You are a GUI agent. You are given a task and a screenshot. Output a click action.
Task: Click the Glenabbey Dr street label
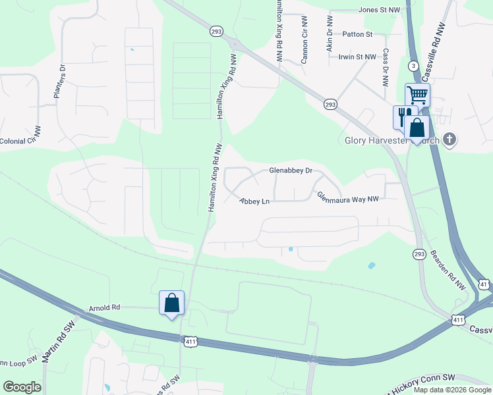click(x=291, y=170)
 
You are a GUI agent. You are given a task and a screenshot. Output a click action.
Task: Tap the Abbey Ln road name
click(x=254, y=201)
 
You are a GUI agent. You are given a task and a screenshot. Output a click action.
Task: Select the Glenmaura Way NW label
click(x=348, y=197)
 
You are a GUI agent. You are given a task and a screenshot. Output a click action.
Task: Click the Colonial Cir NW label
click(x=20, y=141)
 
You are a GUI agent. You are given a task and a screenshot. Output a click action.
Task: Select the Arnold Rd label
click(x=105, y=307)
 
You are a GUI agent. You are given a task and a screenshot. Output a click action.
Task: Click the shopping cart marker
click(x=417, y=95)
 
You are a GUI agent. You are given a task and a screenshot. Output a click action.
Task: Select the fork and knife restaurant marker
click(x=402, y=116)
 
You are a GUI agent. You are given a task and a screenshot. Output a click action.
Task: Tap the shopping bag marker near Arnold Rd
click(x=172, y=303)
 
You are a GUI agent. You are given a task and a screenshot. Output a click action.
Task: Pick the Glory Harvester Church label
click(x=392, y=140)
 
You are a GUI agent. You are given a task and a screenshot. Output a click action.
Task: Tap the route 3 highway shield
click(x=413, y=66)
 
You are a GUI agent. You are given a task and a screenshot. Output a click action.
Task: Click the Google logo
click(x=22, y=387)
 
